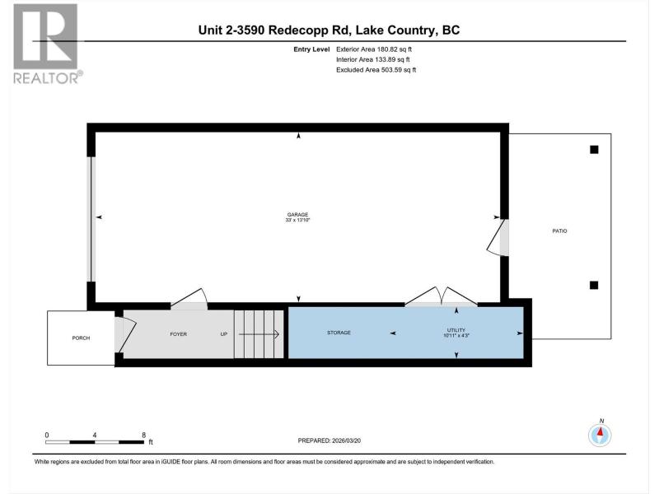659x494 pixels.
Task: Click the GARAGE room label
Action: [297, 215]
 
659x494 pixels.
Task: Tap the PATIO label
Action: [559, 231]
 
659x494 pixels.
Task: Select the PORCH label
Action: [81, 338]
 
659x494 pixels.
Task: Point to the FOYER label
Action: [178, 334]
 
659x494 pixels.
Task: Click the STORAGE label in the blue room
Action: [339, 333]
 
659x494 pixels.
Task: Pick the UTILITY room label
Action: [456, 330]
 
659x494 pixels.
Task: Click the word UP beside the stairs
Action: [224, 334]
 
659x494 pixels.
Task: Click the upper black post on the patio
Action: [594, 150]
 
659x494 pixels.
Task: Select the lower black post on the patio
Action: [594, 285]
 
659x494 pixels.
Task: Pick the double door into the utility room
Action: [441, 296]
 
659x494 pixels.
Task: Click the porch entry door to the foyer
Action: [125, 334]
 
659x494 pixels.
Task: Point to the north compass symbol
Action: [601, 435]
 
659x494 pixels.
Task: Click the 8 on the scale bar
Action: [143, 436]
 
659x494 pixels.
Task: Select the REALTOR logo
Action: [47, 44]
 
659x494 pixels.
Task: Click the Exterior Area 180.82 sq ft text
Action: [374, 49]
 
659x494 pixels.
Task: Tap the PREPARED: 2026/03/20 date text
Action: [329, 440]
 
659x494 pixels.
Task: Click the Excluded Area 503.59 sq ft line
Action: [376, 70]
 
